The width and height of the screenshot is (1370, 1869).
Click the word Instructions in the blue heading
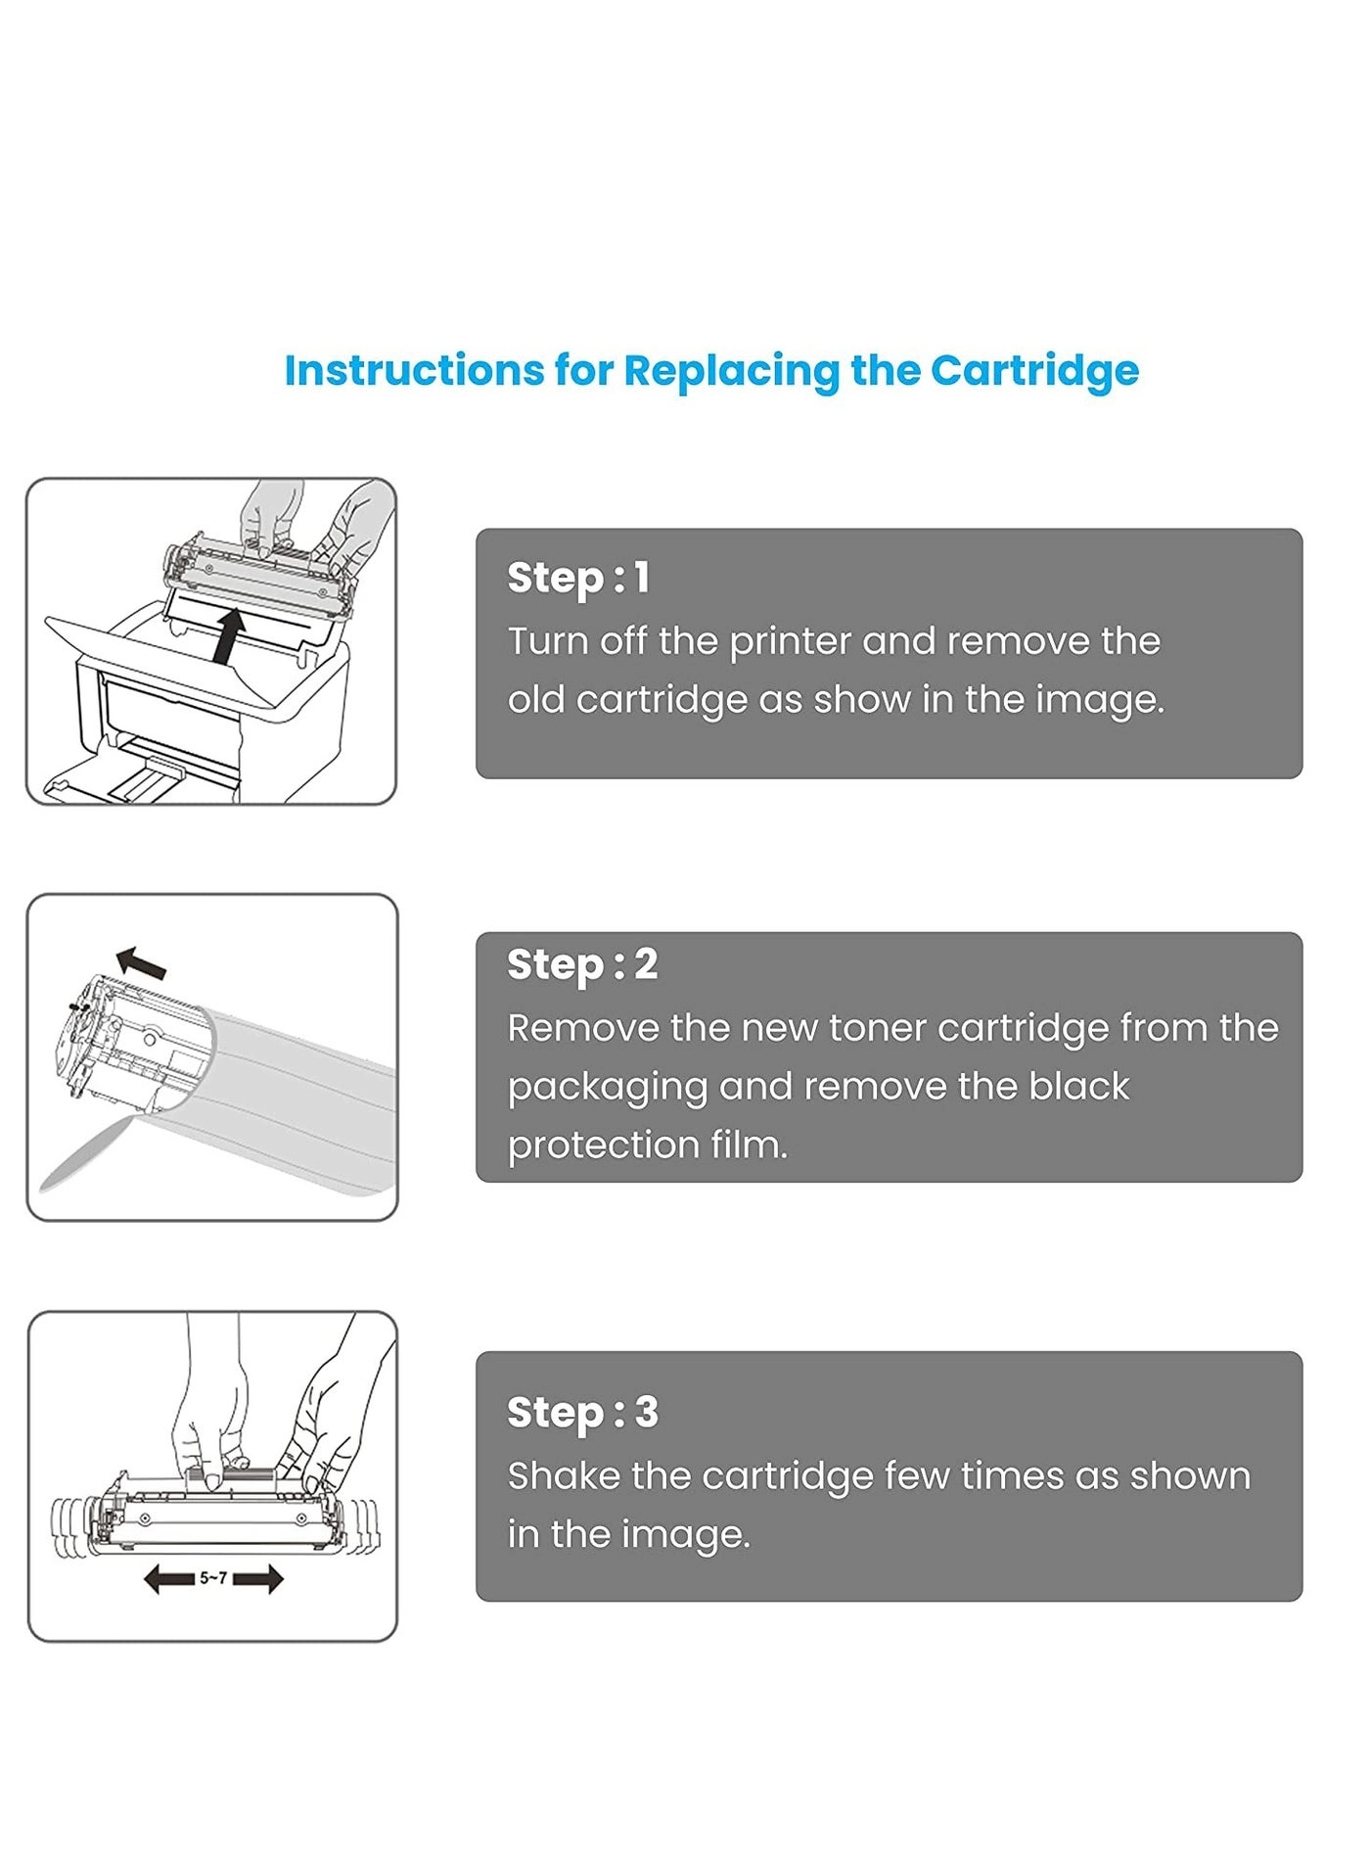click(x=415, y=371)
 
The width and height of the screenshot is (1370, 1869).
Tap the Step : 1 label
click(x=578, y=578)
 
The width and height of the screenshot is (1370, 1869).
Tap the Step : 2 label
click(x=582, y=964)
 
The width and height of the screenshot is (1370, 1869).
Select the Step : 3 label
click(x=583, y=1412)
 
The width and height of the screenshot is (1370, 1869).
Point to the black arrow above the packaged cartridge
click(x=141, y=963)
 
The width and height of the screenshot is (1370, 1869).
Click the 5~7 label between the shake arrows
click(x=213, y=1577)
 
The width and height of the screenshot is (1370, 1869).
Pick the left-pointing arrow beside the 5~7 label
click(x=168, y=1578)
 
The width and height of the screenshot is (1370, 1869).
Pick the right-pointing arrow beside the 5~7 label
click(x=258, y=1578)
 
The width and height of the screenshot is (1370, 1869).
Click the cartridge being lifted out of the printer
click(x=258, y=575)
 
